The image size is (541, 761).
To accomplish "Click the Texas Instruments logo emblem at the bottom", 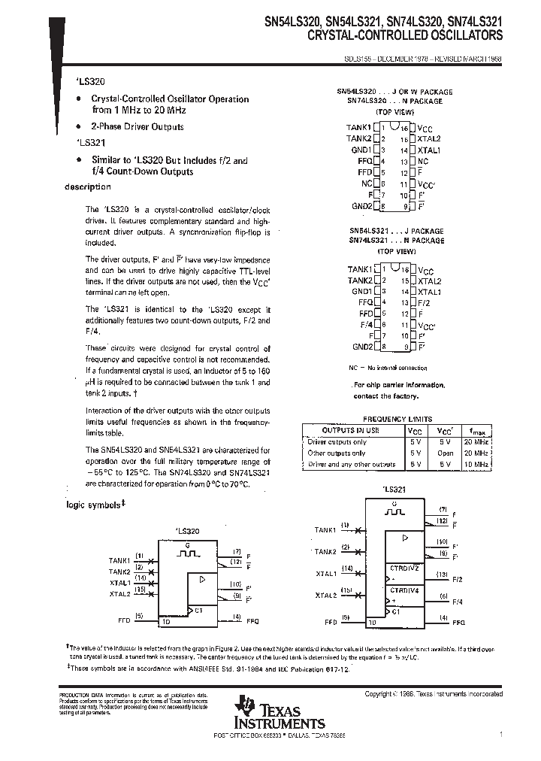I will pos(244,707).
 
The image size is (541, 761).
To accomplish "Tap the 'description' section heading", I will pos(88,186).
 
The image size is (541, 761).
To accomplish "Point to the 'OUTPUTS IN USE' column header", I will pos(351,430).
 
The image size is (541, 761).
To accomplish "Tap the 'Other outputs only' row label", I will pos(337,453).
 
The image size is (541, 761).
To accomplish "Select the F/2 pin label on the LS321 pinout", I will pos(425,302).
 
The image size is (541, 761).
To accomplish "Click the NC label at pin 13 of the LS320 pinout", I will pos(423,161).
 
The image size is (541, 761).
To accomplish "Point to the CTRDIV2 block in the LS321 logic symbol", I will pos(404,568).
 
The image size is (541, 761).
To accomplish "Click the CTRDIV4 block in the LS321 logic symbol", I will pos(404,590).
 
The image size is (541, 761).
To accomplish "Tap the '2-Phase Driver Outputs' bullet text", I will pos(138,127).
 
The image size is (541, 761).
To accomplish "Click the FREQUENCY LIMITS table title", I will pos(397,419).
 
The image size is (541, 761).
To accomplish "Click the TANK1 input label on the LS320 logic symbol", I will pos(119,560).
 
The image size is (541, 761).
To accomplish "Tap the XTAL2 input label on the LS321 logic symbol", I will pos(325,595).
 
